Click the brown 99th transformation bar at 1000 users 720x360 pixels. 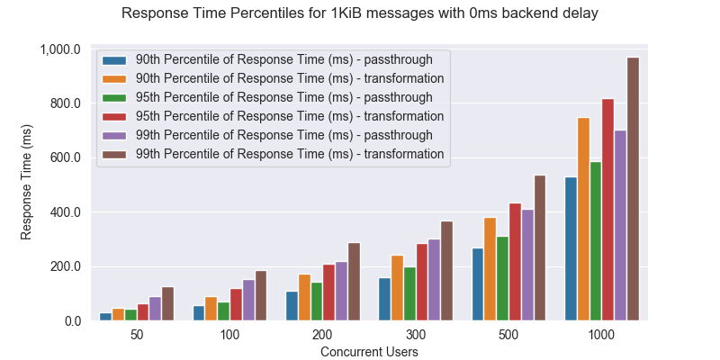tap(633, 189)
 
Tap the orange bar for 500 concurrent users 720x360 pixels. tap(490, 269)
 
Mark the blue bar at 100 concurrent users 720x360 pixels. tap(199, 313)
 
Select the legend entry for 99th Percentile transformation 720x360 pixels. tap(289, 154)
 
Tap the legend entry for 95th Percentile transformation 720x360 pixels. tap(289, 116)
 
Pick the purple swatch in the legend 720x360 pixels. tap(115, 135)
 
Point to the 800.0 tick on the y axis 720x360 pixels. tap(64, 103)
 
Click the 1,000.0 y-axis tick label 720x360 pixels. tap(60, 49)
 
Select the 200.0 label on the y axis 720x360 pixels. tap(64, 266)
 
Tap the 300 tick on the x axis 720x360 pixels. tap(416, 334)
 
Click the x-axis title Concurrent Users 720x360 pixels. tap(369, 352)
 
